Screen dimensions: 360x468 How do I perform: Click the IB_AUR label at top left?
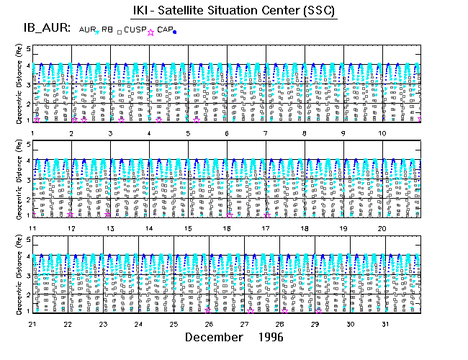(x=45, y=28)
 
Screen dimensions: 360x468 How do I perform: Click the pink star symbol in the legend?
(x=150, y=32)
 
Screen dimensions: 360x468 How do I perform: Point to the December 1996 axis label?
(x=234, y=337)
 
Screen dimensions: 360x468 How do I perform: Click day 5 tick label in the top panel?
(x=187, y=134)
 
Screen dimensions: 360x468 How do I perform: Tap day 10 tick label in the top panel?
(x=382, y=134)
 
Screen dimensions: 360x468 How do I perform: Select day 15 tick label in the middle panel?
(x=187, y=228)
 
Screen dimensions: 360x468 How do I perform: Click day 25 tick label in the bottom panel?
(x=174, y=324)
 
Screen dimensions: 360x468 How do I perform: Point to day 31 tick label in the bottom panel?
(x=385, y=324)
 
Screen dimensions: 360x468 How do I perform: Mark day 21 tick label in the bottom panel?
(x=32, y=324)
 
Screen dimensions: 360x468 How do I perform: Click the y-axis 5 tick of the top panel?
(x=28, y=48)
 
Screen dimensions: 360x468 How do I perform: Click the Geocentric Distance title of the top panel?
(x=10, y=83)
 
